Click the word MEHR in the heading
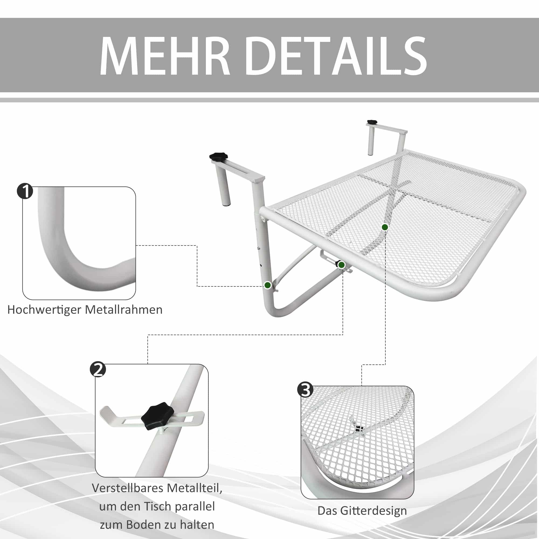pos(165,56)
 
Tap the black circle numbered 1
pos(25,191)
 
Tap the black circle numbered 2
pos(98,369)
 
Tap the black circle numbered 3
pos(306,390)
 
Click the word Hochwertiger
pos(44,310)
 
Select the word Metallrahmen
pos(124,310)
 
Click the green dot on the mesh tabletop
pos(385,227)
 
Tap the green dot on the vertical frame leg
pos(268,285)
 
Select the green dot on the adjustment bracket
pos(341,265)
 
